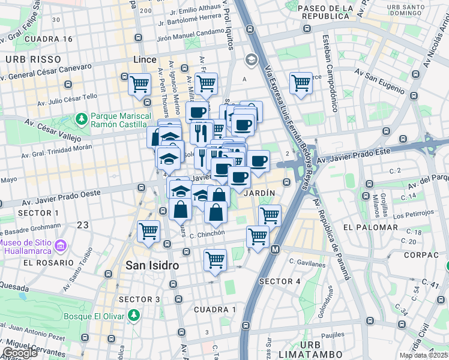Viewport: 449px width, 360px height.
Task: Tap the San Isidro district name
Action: tap(152, 265)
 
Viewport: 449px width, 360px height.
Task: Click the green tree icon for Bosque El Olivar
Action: tap(134, 314)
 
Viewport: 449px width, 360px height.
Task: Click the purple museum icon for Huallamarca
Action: tap(59, 246)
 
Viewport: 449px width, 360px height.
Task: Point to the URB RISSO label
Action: tap(34, 59)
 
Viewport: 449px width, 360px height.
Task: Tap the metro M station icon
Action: tap(276, 249)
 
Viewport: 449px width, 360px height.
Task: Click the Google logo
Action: tap(20, 353)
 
